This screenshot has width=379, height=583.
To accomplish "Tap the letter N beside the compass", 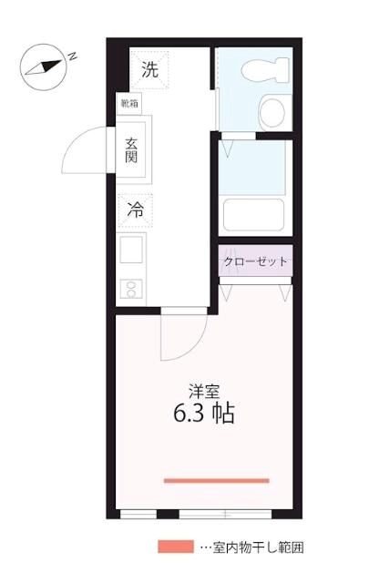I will pyautogui.click(x=72, y=56).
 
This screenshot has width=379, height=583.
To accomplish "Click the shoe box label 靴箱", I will pyautogui.click(x=130, y=103).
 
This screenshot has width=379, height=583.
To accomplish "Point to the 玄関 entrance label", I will pyautogui.click(x=133, y=148).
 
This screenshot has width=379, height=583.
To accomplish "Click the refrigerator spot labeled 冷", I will pyautogui.click(x=135, y=208).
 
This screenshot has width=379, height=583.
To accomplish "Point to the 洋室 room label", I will pyautogui.click(x=204, y=391).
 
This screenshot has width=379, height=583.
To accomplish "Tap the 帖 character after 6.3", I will pyautogui.click(x=224, y=414).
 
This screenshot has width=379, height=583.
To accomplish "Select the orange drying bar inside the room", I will pyautogui.click(x=217, y=480).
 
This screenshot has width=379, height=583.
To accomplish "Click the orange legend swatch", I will pyautogui.click(x=175, y=547).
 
